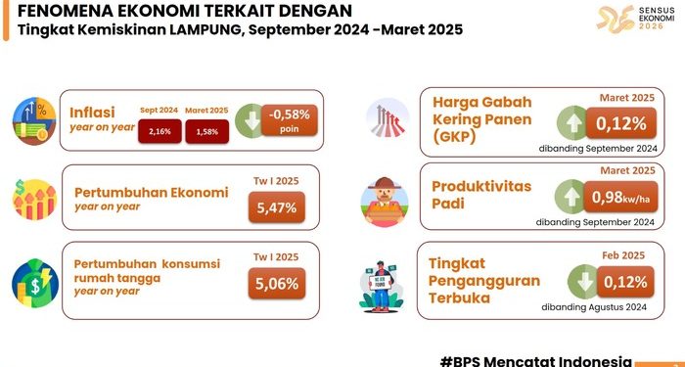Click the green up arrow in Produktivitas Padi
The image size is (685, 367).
(571, 197)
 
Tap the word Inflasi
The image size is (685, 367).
(92, 113)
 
